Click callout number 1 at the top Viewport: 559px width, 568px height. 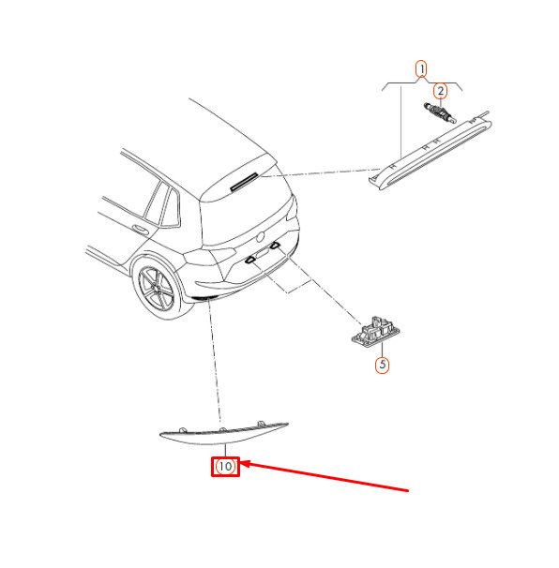421,68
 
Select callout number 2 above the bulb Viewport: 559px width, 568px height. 440,91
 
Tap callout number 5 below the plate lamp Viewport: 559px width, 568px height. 382,365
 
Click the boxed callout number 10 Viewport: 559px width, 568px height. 225,467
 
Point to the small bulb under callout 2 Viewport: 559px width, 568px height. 440,112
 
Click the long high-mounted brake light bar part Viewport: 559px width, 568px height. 431,151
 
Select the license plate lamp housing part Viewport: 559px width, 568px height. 375,332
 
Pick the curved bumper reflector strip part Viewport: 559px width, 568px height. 223,433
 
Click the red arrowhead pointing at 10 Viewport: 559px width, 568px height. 244,464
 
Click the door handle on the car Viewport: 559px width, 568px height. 140,230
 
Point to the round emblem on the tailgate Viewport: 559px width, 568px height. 260,238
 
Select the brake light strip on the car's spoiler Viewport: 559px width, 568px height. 244,182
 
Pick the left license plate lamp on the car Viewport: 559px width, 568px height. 250,260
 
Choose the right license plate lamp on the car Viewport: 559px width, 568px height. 275,246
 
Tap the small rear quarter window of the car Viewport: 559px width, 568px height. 171,209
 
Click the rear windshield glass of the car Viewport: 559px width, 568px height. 248,217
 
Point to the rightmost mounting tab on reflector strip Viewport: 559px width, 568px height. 261,424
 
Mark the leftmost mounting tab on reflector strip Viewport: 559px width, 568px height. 183,430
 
